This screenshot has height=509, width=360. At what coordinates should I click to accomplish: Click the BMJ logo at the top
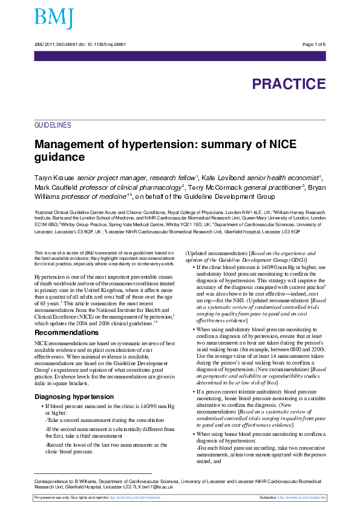[54, 19]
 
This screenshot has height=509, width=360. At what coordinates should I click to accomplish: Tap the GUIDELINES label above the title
[53, 125]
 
